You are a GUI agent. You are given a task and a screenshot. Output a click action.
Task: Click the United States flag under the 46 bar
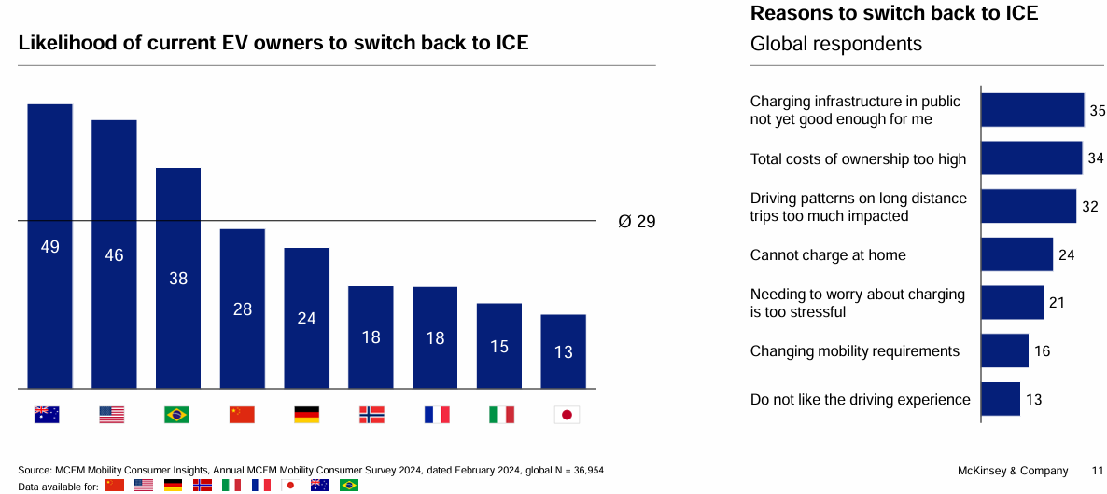coord(112,415)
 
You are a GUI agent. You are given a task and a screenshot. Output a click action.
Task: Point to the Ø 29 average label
coord(637,222)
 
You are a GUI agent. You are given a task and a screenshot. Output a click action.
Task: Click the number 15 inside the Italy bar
coord(499,347)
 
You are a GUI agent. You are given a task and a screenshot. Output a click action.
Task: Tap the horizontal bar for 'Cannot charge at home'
coord(1016,254)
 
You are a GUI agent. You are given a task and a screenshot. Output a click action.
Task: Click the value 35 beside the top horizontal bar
coord(1097,110)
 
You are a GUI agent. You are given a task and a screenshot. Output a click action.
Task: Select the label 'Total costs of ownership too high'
coord(858,159)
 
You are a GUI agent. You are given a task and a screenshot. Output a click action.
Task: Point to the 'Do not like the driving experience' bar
coord(1000,399)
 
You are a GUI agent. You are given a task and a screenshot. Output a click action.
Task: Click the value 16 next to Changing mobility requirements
coord(1043,351)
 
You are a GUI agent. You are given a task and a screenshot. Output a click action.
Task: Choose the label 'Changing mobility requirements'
coord(854,351)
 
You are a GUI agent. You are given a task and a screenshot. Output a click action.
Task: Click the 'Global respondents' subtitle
coord(835,44)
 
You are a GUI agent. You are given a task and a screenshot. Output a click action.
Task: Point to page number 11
coord(1098,470)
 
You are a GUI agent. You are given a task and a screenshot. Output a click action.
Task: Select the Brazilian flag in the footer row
coord(349,486)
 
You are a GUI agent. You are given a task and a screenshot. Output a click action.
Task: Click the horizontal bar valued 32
coord(1028,206)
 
